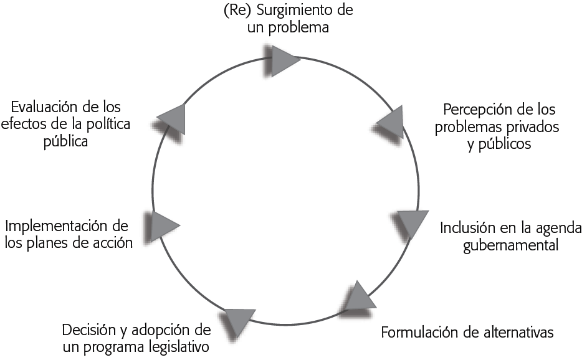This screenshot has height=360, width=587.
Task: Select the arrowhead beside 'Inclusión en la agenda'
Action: (x=411, y=223)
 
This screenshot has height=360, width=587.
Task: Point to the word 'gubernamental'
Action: (x=510, y=244)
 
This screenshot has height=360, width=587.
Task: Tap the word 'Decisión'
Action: (x=87, y=329)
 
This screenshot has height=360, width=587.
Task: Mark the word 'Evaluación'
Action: (x=49, y=107)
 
